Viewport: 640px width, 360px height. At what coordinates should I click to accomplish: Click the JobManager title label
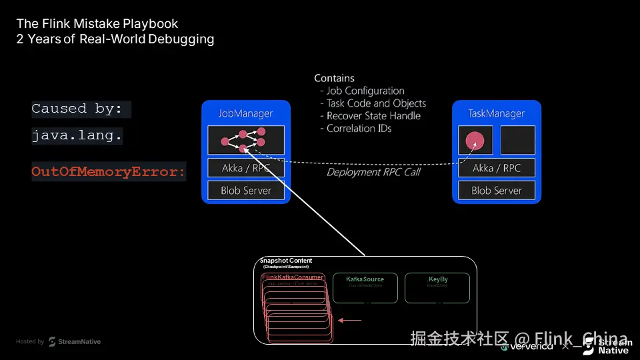coord(245,113)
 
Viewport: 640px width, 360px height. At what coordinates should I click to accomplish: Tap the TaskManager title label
coord(496,113)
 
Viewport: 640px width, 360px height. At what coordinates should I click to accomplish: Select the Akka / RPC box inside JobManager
coord(245,168)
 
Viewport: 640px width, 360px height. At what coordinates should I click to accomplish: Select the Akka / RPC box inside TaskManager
coord(496,168)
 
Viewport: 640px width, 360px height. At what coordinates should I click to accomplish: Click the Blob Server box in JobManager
coord(245,191)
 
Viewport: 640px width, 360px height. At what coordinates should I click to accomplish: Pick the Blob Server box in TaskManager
coord(496,191)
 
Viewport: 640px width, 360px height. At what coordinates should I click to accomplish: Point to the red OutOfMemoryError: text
coord(109,172)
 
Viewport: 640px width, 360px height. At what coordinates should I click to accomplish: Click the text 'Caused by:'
coord(77,109)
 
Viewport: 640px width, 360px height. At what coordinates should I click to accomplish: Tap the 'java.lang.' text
coord(77,136)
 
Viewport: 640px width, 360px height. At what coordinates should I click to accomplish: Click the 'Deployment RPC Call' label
coord(373,172)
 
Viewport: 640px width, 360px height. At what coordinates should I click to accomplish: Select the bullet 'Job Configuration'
coord(365,91)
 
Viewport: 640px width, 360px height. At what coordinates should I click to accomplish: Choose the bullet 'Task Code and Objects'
coord(375,103)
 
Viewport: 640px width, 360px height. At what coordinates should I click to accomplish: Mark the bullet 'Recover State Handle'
coord(373,116)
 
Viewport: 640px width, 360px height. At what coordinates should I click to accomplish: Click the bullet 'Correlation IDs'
coord(359,129)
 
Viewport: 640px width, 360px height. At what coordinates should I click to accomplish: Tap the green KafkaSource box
coord(365,288)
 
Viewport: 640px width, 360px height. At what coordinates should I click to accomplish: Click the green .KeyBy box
coord(437,288)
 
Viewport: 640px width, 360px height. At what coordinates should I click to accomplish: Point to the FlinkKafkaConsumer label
coord(293,277)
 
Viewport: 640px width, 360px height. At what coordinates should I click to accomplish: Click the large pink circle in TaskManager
coord(475,141)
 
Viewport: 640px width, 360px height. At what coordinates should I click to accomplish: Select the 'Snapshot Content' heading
coord(286,261)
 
